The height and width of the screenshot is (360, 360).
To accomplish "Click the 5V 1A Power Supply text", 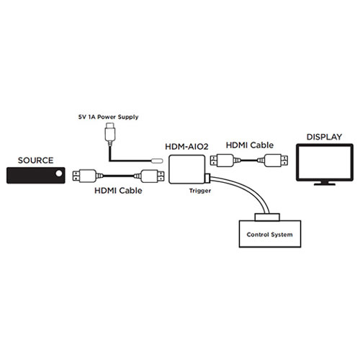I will (x=108, y=116).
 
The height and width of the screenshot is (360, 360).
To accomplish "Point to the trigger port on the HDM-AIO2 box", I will (x=206, y=178).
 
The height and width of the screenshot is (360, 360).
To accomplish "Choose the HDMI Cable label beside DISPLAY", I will (x=248, y=145).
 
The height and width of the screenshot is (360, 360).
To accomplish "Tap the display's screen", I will (x=324, y=163).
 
